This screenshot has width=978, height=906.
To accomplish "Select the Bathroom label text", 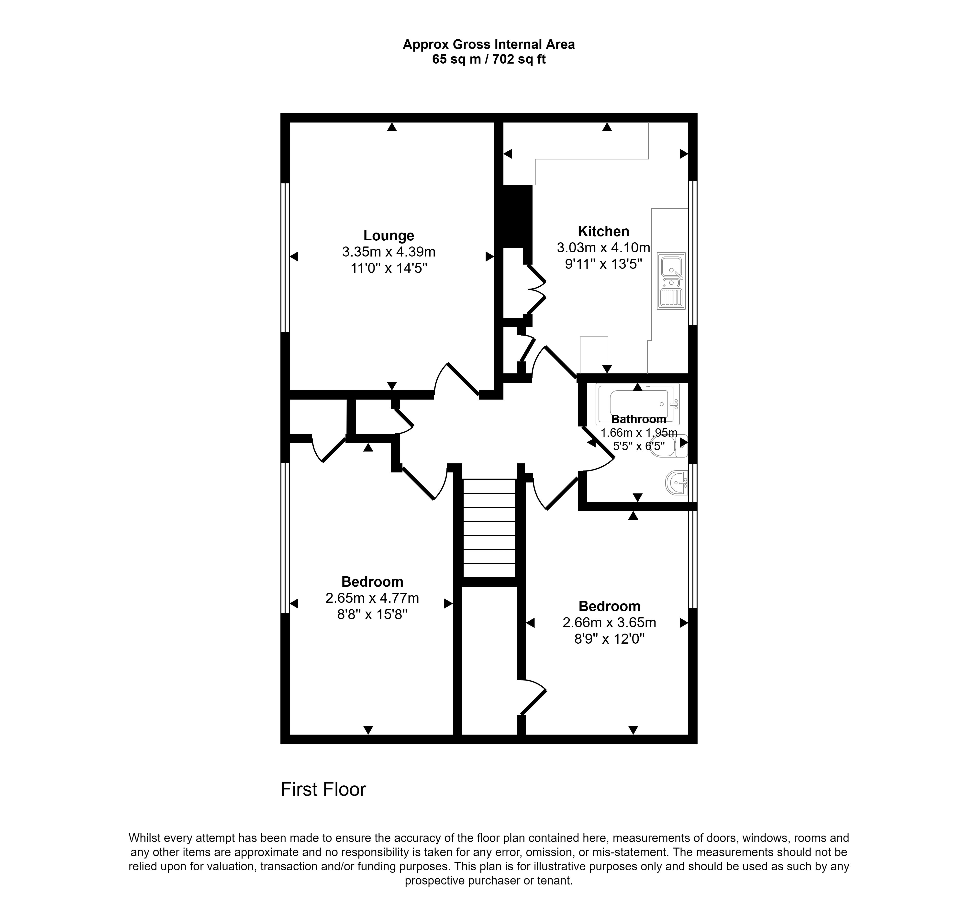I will (x=638, y=419).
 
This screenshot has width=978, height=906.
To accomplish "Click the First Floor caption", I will (x=323, y=789).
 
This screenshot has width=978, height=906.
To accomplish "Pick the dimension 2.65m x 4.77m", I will (x=372, y=598).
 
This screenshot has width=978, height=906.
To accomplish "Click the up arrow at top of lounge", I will (x=391, y=127).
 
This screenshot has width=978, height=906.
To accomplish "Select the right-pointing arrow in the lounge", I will (x=489, y=257).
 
